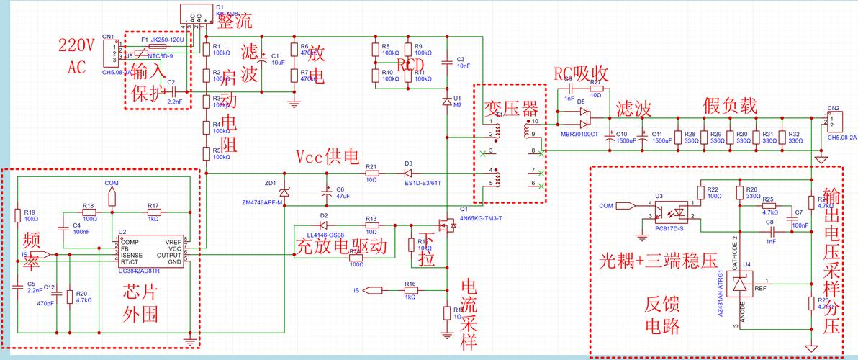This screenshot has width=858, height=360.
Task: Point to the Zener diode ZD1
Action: (284, 191)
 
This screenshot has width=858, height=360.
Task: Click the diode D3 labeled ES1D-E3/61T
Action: (408, 174)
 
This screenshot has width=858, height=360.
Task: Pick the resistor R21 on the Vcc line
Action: (371, 174)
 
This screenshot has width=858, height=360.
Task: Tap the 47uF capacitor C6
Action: (329, 192)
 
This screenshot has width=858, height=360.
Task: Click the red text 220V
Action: (76, 46)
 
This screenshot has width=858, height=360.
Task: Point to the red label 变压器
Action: (510, 109)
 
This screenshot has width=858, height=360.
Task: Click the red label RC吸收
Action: (581, 73)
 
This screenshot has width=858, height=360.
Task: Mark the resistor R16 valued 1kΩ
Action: (410, 291)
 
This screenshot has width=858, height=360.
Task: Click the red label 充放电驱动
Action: (342, 246)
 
